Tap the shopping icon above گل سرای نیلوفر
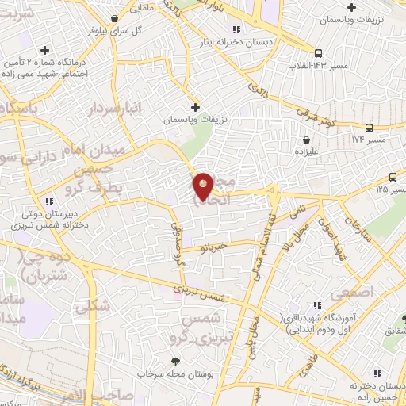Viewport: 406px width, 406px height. (116, 17)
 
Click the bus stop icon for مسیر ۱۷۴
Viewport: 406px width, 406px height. (369, 128)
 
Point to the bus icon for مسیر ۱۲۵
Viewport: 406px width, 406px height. (394, 178)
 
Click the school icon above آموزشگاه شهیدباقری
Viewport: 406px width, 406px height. (318, 305)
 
